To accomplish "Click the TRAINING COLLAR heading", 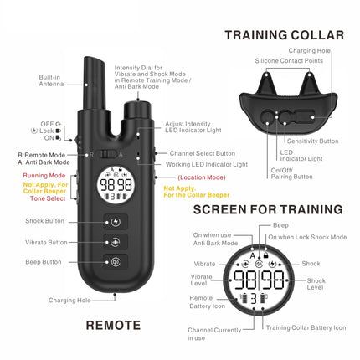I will pos(283,34).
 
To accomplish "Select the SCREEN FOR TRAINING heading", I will pos(267,208).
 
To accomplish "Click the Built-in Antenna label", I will pos(49,80).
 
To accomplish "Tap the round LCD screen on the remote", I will pos(116,186).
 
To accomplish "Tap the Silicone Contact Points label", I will pos(289,61).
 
